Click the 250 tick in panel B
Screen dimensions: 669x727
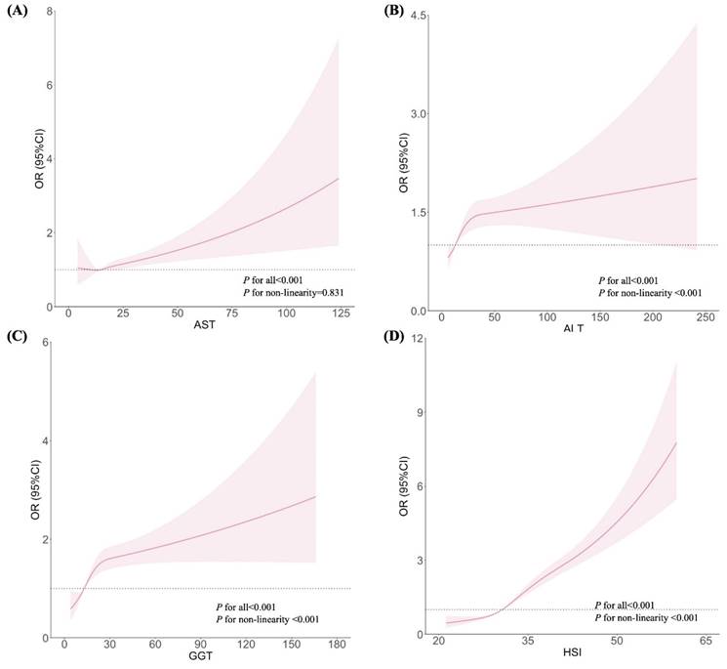(x=707, y=319)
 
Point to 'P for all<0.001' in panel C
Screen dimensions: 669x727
(x=252, y=606)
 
